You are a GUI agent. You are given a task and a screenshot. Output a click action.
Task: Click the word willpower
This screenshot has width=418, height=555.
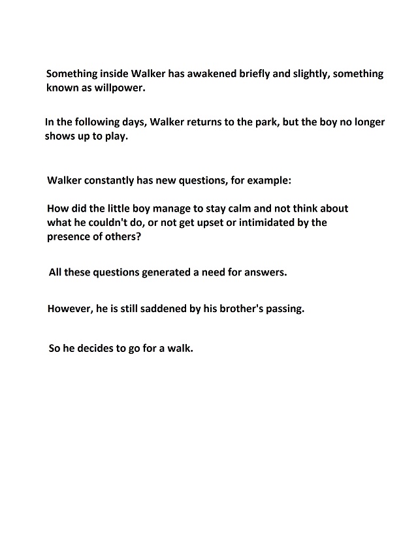click(x=120, y=87)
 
